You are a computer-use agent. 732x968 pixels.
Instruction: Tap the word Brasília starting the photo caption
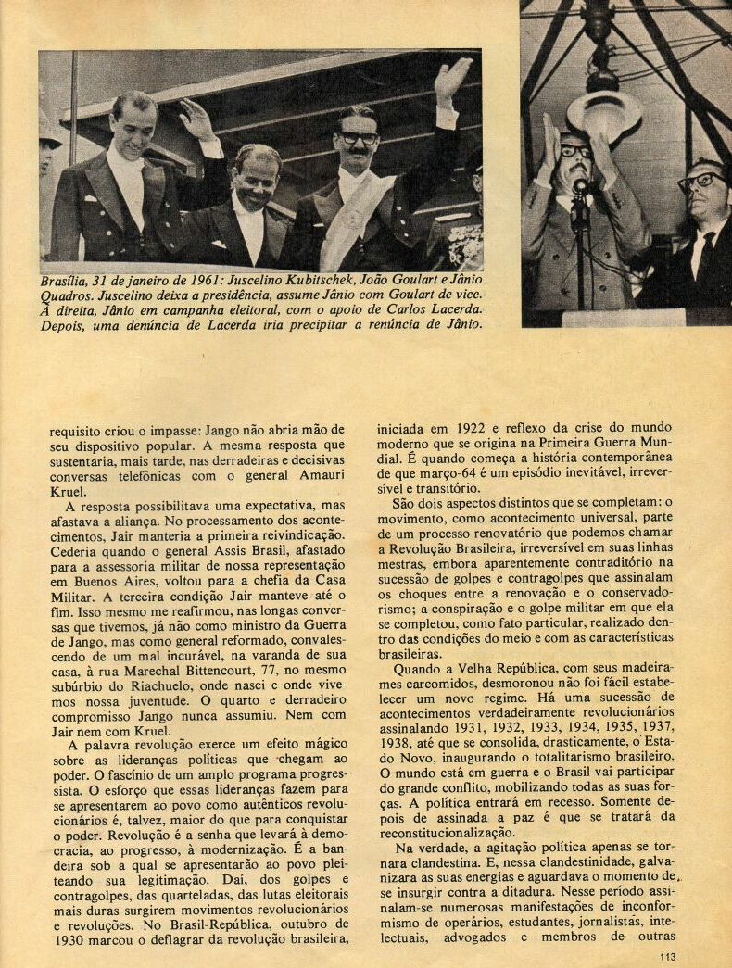67,281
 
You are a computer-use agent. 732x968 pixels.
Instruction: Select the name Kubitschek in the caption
322,281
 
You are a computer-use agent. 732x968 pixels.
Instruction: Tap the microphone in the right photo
582,190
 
